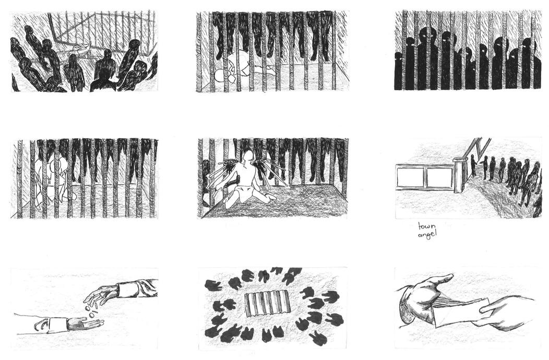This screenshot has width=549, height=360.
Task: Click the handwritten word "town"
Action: (427, 226)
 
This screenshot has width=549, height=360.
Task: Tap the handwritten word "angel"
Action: (427, 234)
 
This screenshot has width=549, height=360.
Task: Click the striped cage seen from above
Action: (268, 305)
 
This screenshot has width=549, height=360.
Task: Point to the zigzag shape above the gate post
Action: (475, 147)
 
